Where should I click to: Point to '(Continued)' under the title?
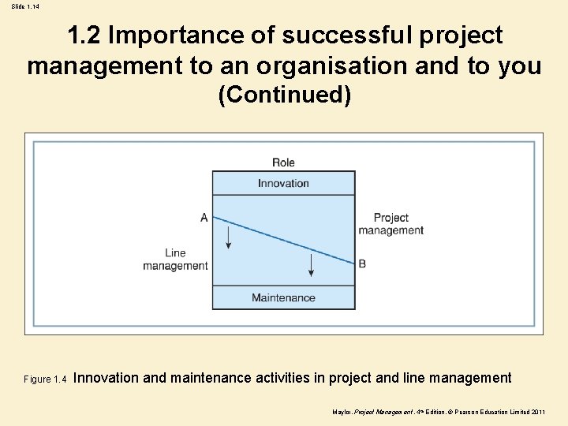click(x=284, y=95)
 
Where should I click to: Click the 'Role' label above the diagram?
click(x=283, y=163)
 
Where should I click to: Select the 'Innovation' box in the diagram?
click(x=283, y=183)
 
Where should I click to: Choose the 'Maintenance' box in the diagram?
click(x=283, y=297)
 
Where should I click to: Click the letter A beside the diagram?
click(x=204, y=217)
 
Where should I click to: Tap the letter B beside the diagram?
click(x=362, y=263)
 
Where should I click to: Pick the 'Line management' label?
click(x=175, y=260)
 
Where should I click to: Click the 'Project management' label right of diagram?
click(x=390, y=224)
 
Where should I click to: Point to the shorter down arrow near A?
click(x=229, y=235)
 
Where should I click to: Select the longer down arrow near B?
click(x=311, y=264)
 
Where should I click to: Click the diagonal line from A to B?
click(x=284, y=241)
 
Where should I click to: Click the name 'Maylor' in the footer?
click(x=343, y=413)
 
